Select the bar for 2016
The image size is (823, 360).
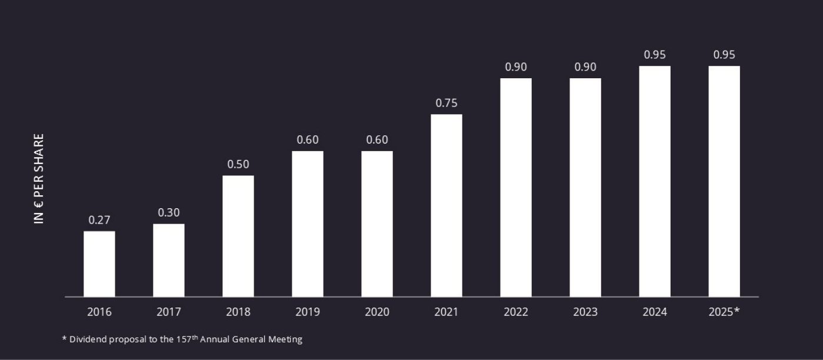[99, 264]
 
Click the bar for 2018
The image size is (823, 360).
[238, 236]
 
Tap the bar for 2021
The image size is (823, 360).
[447, 205]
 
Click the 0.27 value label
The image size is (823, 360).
[99, 220]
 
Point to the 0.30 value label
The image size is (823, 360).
[169, 212]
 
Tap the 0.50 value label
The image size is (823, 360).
[238, 164]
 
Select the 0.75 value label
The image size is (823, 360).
[447, 103]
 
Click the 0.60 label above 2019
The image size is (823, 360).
[308, 140]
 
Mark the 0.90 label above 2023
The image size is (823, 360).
[585, 67]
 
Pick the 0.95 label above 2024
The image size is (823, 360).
[655, 55]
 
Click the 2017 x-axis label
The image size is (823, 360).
[169, 312]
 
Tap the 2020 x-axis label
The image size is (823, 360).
[377, 312]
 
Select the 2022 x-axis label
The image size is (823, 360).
[516, 312]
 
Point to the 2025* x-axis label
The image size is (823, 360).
[724, 312]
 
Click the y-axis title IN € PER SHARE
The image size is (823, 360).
[39, 179]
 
